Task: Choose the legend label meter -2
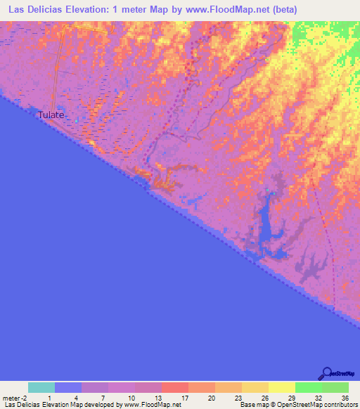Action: coord(13,398)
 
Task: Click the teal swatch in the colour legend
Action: coord(41,387)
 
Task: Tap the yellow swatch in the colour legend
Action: coord(282,387)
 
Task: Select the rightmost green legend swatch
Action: coord(335,387)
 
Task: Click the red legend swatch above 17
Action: coord(175,387)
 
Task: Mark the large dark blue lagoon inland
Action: coord(268,225)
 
